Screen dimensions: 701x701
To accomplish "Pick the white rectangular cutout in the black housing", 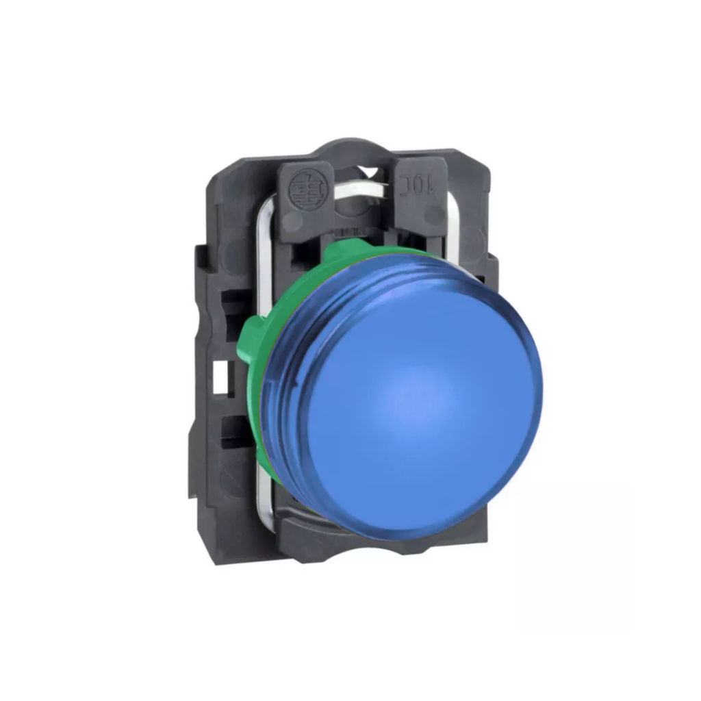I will coord(220,379).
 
